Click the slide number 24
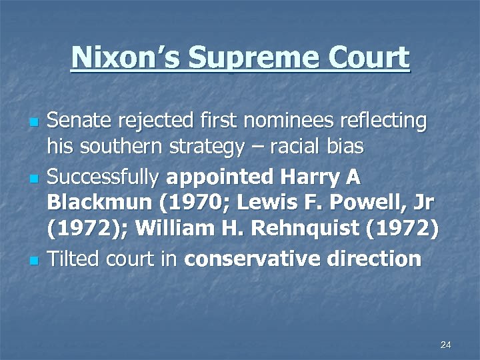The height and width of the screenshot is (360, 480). coord(446,345)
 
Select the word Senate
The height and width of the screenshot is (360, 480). coord(82,121)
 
